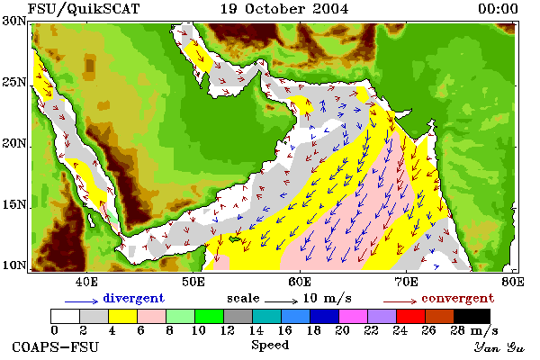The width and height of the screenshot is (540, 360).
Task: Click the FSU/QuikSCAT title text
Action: [84, 9]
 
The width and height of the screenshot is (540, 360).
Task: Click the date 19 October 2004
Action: [284, 9]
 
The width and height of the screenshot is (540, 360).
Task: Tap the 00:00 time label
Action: [498, 9]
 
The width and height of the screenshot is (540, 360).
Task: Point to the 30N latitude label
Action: [14, 21]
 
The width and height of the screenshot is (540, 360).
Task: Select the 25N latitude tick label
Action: [14, 82]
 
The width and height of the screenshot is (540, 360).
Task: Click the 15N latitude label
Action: [14, 205]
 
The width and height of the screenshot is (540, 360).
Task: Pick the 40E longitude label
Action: [86, 282]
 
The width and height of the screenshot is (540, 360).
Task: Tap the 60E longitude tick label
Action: [300, 282]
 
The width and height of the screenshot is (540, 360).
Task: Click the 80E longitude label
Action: [513, 282]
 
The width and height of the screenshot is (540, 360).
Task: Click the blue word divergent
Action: [133, 298]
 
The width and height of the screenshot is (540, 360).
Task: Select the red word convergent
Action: [458, 298]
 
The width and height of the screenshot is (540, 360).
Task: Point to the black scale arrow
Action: [281, 301]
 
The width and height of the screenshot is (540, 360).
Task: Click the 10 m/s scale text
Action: [328, 298]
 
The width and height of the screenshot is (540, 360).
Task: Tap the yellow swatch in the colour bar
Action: [123, 316]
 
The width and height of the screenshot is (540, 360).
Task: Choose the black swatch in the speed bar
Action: [472, 316]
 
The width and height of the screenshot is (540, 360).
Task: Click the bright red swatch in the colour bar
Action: [411, 316]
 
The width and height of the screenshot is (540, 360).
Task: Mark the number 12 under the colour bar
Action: [228, 330]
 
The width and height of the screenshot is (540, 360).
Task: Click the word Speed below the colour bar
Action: [270, 346]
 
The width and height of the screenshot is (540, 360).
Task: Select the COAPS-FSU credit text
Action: [55, 346]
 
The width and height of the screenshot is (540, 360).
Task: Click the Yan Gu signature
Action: [499, 347]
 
